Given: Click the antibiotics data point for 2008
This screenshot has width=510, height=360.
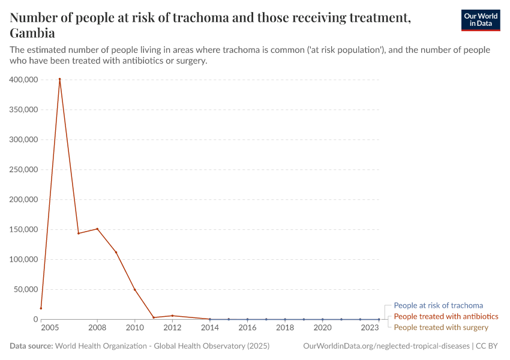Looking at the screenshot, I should coord(97,229).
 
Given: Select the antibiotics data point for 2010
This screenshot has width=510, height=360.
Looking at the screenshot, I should coord(135,290).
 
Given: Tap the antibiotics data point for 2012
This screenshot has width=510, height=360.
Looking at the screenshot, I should coord(172,316).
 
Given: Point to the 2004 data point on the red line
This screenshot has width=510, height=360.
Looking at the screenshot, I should coord(41,308).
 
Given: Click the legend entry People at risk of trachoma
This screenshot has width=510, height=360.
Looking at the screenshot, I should coord(438,305).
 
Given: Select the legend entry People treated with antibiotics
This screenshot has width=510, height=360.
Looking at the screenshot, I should coord(446,316).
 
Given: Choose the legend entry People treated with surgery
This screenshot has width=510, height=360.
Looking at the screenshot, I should coord(441,327).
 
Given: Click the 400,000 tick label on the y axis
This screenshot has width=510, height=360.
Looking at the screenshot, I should coord(23,80).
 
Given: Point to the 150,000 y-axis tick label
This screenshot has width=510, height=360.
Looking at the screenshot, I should coord(23,230).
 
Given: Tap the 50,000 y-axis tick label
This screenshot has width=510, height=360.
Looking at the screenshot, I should coord(26,290).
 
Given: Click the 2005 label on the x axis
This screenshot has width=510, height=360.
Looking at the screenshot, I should coord(50,328).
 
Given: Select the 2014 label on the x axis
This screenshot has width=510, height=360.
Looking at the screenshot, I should coord(210,328).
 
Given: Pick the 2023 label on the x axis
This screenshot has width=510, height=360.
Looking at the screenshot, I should coord(370,328).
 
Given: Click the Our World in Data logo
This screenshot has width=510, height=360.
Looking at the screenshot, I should coord(480,20).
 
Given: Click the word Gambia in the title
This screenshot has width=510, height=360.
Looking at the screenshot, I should coord(32,33).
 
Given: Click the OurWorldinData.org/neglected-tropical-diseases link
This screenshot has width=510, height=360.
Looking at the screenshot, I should coord(386,346).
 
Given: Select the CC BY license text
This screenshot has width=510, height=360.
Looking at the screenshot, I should coord(488,346).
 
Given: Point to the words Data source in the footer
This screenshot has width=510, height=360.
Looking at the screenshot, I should coord(31,346).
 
